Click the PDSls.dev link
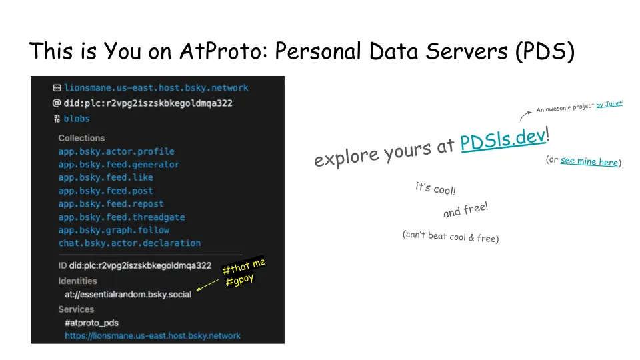click(x=503, y=139)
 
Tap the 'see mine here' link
click(x=589, y=161)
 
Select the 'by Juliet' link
click(x=609, y=104)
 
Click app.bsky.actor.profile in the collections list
click(x=116, y=151)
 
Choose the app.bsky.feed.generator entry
click(x=119, y=165)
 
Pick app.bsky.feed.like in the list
click(x=106, y=177)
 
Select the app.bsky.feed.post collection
click(x=106, y=191)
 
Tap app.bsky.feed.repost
click(x=111, y=204)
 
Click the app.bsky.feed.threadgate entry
click(x=121, y=217)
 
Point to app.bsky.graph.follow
click(x=114, y=230)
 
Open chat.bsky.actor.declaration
click(x=129, y=243)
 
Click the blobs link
click(x=76, y=119)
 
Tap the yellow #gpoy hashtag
click(x=239, y=281)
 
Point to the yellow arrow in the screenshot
click(x=207, y=285)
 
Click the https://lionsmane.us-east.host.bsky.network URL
click(x=153, y=336)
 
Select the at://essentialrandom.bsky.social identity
click(x=128, y=294)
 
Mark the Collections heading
click(x=81, y=138)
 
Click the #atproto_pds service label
click(x=91, y=323)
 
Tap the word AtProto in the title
click(x=223, y=51)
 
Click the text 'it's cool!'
click(x=435, y=189)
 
